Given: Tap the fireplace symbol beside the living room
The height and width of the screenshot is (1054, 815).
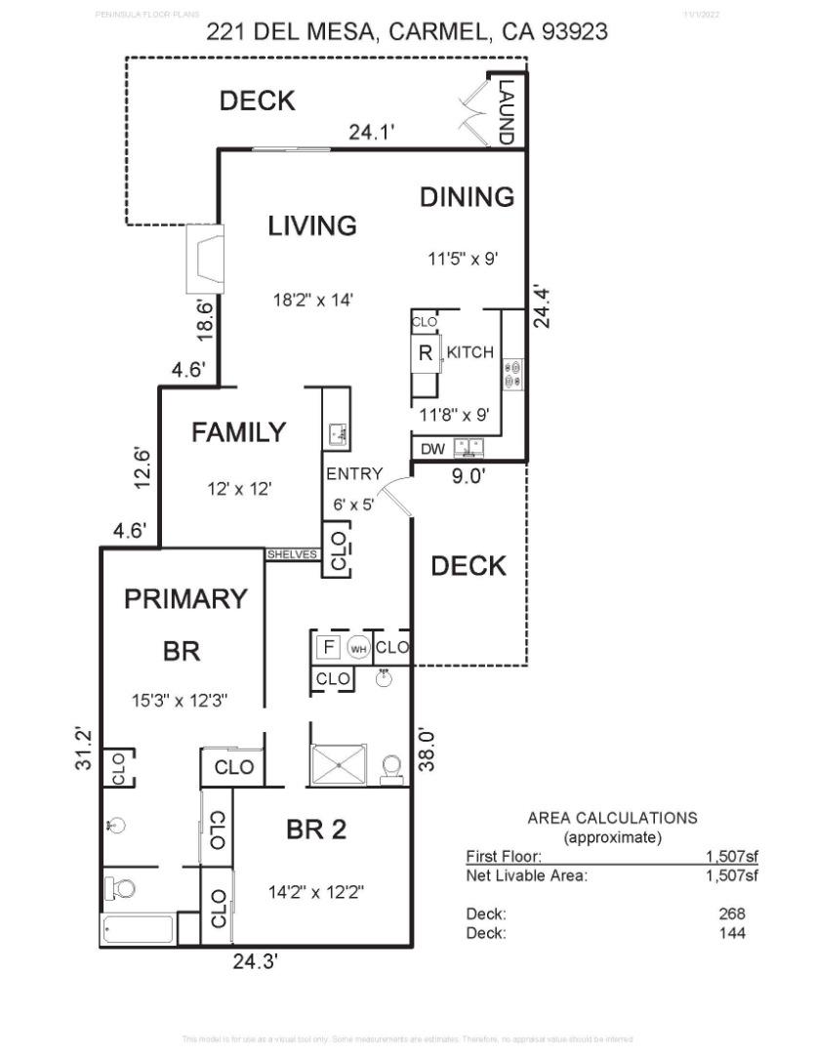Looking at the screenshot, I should pos(205,259).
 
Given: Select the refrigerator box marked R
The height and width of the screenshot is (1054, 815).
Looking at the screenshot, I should pos(425,353).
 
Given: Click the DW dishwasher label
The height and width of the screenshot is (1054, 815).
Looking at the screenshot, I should pos(432,449).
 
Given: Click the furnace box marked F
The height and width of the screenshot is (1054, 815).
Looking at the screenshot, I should pos(329,646).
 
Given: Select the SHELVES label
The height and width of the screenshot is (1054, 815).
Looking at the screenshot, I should pos(293,554).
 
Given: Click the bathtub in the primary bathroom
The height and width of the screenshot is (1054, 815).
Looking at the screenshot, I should pos(138,929).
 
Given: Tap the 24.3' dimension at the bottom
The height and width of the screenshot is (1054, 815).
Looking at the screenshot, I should pos(256,961).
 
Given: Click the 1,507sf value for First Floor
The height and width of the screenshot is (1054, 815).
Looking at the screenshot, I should pos(731,856).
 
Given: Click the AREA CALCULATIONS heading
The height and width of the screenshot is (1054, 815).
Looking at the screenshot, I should pos(612,818).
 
